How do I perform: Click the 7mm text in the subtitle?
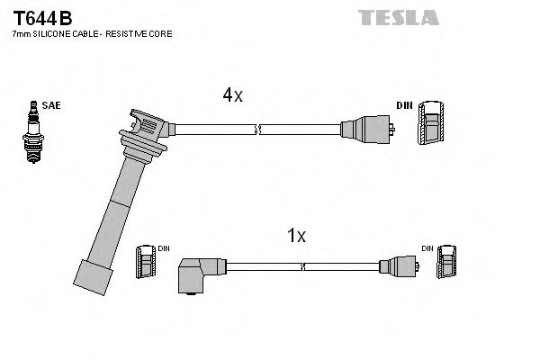[18, 33]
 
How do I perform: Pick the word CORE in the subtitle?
[162, 33]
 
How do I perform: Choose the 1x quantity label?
[296, 237]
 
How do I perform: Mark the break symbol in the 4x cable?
[259, 130]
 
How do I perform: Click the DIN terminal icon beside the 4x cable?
[431, 124]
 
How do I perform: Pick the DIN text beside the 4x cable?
[404, 106]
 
